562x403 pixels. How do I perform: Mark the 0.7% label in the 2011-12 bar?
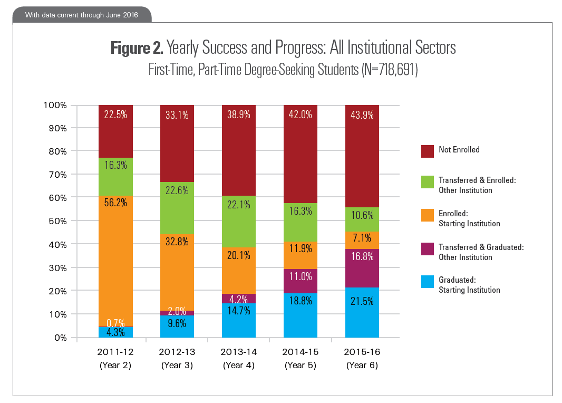115,322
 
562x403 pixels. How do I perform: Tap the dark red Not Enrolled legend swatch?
428,151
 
